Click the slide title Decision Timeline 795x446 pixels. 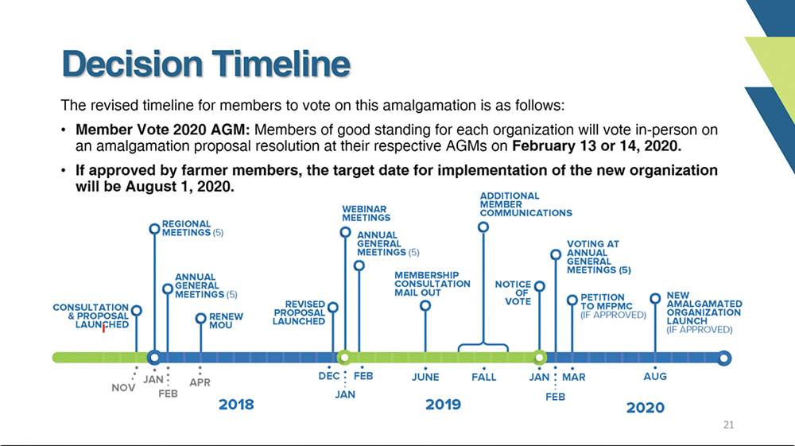pyautogui.click(x=206, y=64)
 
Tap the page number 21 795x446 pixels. pyautogui.click(x=728, y=425)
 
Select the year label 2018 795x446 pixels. pyautogui.click(x=236, y=405)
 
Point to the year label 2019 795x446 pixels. pyautogui.click(x=443, y=405)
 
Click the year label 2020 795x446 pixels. pyautogui.click(x=646, y=408)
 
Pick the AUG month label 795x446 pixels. pyautogui.click(x=655, y=377)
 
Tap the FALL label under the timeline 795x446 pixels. pyautogui.click(x=483, y=377)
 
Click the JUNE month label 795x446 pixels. pyautogui.click(x=425, y=377)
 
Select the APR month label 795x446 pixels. pyautogui.click(x=200, y=382)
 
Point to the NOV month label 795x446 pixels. pyautogui.click(x=123, y=388)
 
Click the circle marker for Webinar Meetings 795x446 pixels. pyautogui.click(x=345, y=232)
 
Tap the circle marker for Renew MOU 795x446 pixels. pyautogui.click(x=201, y=318)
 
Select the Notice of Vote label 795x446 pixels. pyautogui.click(x=513, y=293)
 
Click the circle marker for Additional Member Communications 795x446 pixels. pyautogui.click(x=483, y=227)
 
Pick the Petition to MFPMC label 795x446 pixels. pyautogui.click(x=614, y=306)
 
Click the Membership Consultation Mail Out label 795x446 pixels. pyautogui.click(x=432, y=284)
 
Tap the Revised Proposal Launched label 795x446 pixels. pyautogui.click(x=299, y=312)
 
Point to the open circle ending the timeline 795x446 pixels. pyautogui.click(x=724, y=359)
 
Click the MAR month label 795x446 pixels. pyautogui.click(x=573, y=377)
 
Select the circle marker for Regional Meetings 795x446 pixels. pyautogui.click(x=155, y=229)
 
